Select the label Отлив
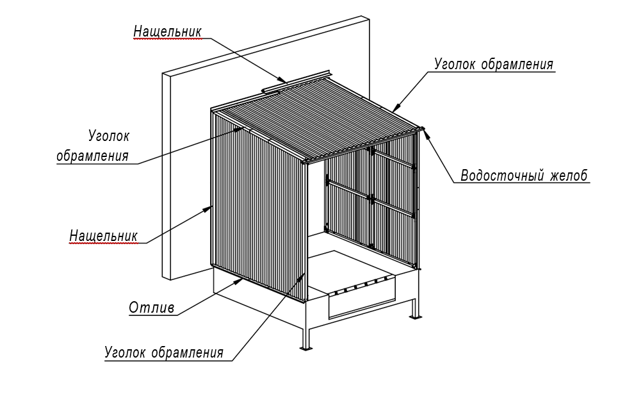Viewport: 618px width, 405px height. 152,307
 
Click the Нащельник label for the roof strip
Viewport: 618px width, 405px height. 168,31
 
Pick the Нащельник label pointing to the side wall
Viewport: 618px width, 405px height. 104,235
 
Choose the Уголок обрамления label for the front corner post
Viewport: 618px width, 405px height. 164,352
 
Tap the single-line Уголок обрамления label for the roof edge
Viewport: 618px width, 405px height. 494,64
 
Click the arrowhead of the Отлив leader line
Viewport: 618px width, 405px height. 239,281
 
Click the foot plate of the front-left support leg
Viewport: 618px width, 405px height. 306,348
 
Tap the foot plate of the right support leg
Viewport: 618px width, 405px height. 414,317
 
